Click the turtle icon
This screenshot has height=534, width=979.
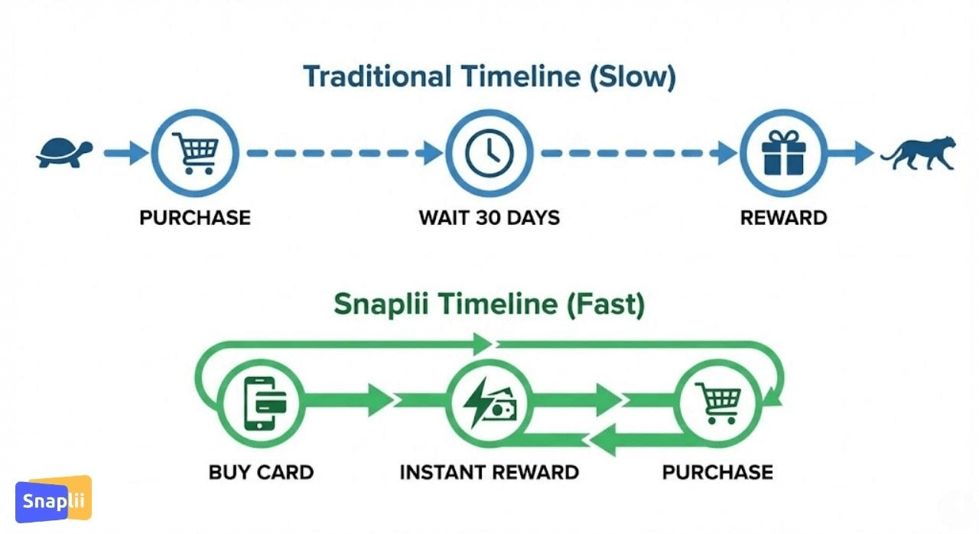point(64,153)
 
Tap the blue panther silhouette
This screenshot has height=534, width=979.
point(919,153)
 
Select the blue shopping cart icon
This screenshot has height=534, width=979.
point(195,153)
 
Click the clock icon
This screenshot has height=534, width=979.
point(489,153)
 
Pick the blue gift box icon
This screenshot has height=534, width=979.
point(783,153)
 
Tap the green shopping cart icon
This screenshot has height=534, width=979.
point(718,403)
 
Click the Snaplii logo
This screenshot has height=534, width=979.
point(54,499)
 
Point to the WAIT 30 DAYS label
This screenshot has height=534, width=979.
point(489,217)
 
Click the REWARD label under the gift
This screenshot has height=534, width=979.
point(784,217)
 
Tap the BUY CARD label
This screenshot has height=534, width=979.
point(262,472)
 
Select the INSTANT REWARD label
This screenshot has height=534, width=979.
point(489,472)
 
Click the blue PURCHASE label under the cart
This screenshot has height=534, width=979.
point(195,217)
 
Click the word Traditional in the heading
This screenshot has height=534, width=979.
point(378,77)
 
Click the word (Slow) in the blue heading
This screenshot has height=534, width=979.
point(633,77)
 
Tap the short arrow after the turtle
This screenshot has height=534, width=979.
point(126,153)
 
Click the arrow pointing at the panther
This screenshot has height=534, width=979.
point(851,153)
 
